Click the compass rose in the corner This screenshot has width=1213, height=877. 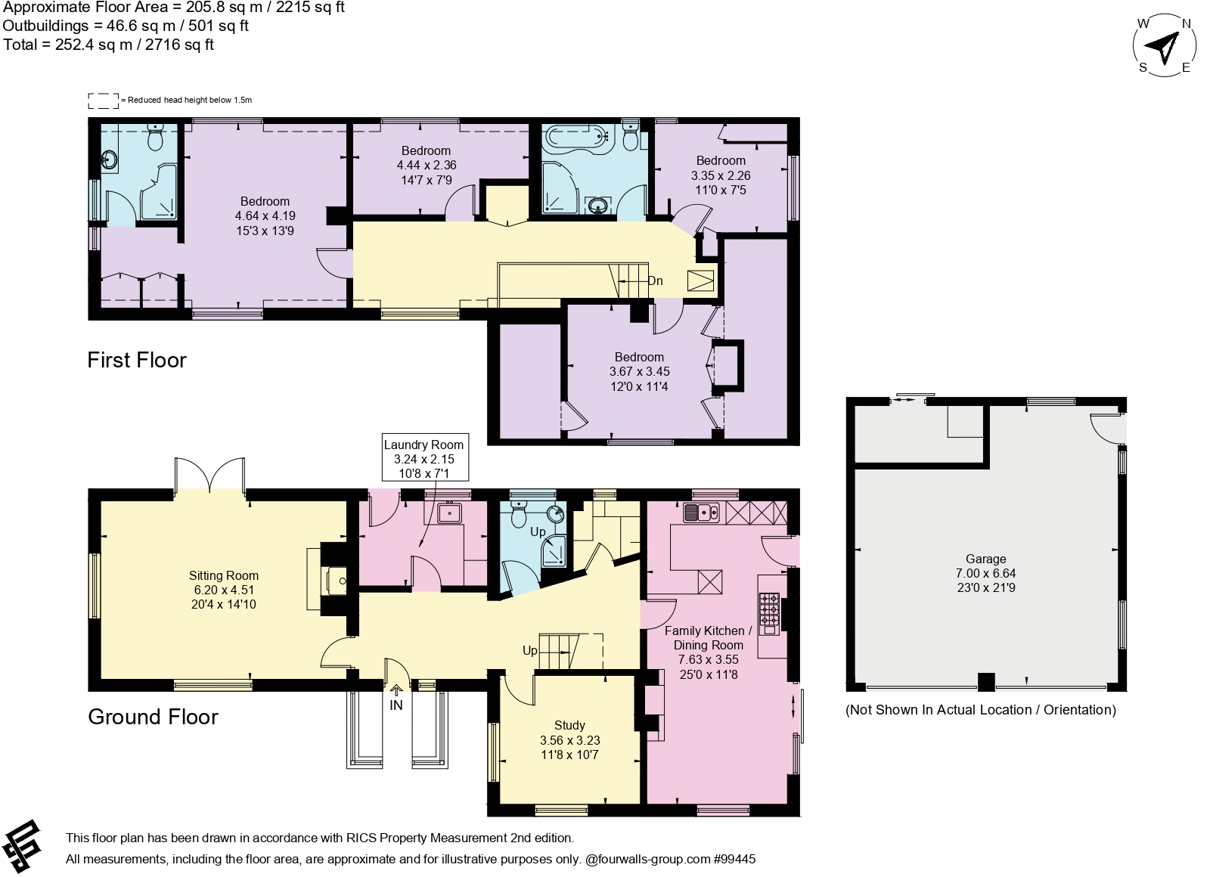[1165, 47]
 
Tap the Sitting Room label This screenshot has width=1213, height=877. [223, 575]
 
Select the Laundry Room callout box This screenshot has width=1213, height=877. [423, 459]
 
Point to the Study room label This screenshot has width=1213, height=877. [569, 726]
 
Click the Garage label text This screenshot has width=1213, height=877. [985, 559]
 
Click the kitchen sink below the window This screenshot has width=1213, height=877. [702, 513]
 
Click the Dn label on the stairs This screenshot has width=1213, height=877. [655, 281]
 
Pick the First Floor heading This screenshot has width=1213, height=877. [137, 360]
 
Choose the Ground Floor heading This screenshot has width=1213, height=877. [153, 717]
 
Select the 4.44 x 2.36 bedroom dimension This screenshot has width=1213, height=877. [427, 165]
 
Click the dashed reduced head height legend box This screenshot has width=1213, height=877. [104, 100]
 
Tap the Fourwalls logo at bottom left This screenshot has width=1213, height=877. [23, 844]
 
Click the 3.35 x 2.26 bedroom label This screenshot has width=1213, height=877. [721, 175]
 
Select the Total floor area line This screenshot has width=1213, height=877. [109, 45]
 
